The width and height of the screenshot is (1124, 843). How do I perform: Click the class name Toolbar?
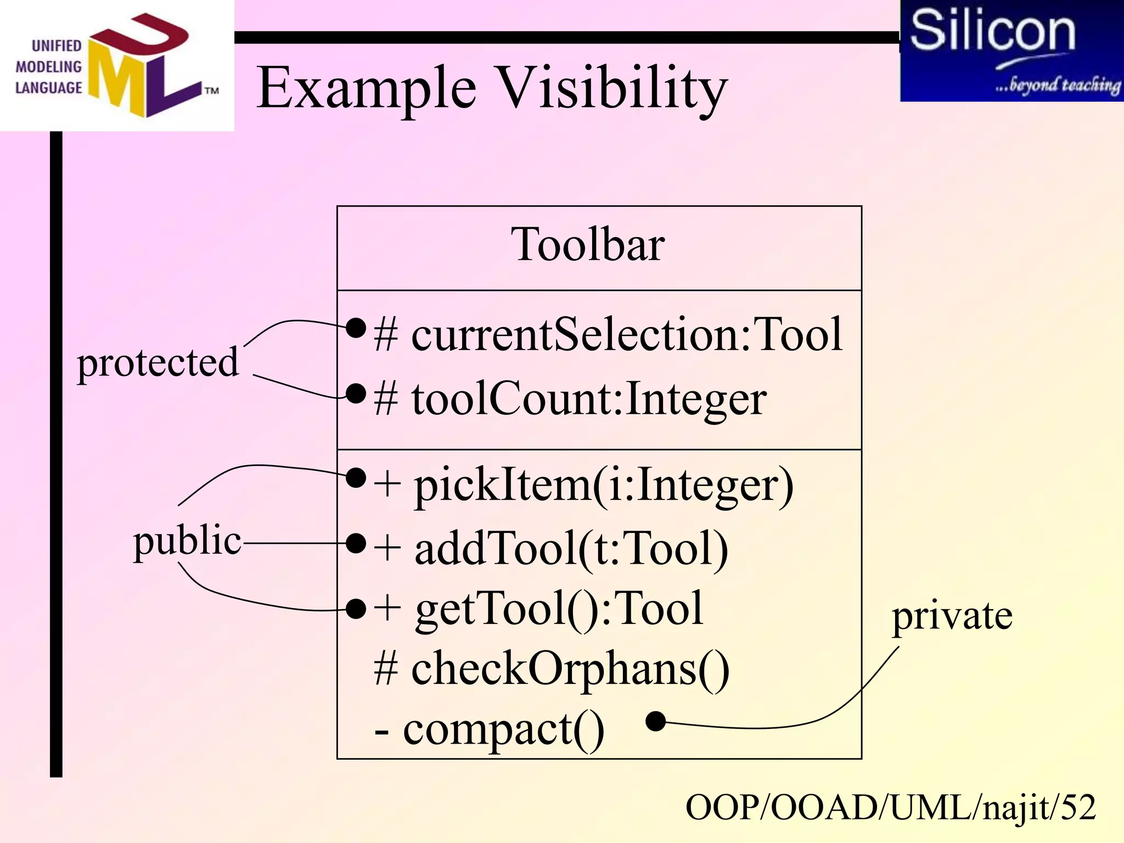pyautogui.click(x=587, y=245)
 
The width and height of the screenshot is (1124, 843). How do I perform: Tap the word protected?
pyautogui.click(x=158, y=363)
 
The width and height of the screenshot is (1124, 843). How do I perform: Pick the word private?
pyautogui.click(x=952, y=616)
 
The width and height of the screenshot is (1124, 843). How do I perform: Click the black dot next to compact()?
pyautogui.click(x=655, y=721)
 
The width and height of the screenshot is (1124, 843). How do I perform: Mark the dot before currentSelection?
pyautogui.click(x=356, y=328)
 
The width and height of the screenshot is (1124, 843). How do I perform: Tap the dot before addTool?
pyautogui.click(x=356, y=543)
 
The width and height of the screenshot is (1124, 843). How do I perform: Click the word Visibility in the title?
pyautogui.click(x=612, y=88)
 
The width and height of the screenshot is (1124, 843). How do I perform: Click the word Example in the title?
pyautogui.click(x=366, y=88)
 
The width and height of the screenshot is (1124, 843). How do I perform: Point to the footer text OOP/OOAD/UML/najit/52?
pyautogui.click(x=890, y=808)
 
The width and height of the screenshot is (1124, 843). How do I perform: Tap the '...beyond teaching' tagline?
pyautogui.click(x=1057, y=85)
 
